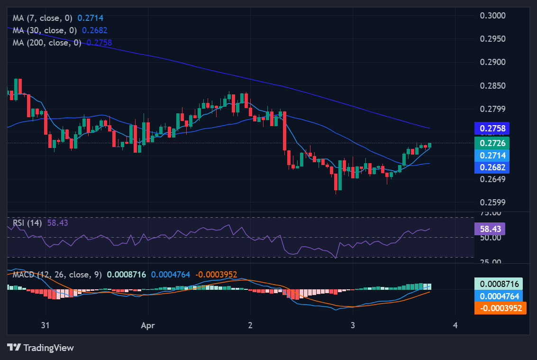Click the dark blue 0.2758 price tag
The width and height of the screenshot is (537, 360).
(492, 128)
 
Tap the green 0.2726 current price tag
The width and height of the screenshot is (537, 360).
(492, 143)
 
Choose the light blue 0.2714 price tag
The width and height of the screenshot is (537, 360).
(492, 155)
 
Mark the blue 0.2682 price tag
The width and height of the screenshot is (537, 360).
(492, 167)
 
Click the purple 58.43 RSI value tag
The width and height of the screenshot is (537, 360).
(490, 229)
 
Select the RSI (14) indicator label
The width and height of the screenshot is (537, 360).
(27, 222)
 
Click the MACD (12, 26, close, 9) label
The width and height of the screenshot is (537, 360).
(57, 275)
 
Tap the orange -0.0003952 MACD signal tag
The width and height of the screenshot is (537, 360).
(500, 308)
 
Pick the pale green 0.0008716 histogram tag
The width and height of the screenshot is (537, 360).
(500, 284)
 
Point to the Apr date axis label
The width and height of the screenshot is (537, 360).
(148, 325)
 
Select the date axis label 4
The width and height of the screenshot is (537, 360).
(455, 325)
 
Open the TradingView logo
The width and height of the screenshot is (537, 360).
(40, 348)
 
